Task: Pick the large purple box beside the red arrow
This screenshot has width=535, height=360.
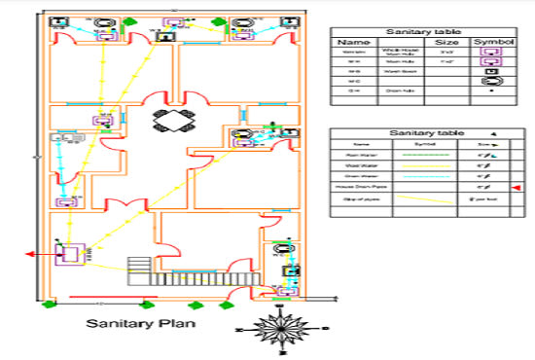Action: click(x=70, y=256)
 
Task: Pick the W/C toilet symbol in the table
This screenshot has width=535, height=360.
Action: click(x=491, y=82)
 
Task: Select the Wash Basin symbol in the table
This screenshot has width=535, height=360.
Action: click(x=491, y=70)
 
